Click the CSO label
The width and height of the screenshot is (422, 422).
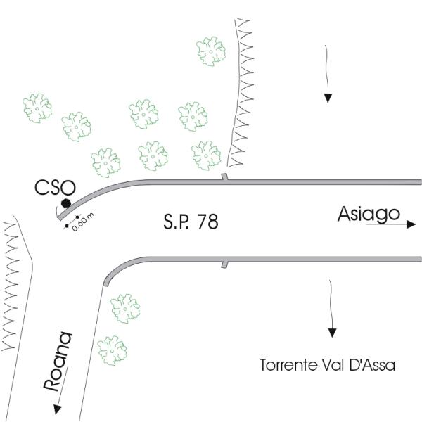click(55, 188)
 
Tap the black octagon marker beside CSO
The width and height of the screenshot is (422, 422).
click(66, 203)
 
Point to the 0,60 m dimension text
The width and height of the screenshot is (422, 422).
click(83, 222)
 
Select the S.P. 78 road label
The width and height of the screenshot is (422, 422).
click(191, 222)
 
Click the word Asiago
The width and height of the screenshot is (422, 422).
click(369, 214)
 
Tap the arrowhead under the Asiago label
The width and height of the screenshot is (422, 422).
click(411, 224)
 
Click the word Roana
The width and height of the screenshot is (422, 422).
click(58, 362)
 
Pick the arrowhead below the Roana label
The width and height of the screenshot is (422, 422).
click(58, 409)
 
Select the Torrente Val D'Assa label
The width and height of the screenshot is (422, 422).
click(328, 365)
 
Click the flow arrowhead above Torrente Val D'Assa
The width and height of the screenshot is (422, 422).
click(333, 333)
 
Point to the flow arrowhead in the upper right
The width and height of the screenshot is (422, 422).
click(328, 98)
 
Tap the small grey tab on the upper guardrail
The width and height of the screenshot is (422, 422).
click(225, 177)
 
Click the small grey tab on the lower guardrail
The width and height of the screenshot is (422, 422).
click(224, 264)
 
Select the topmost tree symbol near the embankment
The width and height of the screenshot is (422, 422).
click(211, 51)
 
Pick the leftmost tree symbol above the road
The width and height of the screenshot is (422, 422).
click(37, 108)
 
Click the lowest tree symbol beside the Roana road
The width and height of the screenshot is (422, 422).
click(113, 350)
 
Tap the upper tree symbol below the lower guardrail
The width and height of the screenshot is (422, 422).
click(125, 309)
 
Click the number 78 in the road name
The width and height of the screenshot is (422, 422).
click(207, 222)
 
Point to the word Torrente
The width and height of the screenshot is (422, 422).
click(289, 365)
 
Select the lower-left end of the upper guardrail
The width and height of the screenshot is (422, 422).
click(59, 217)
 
